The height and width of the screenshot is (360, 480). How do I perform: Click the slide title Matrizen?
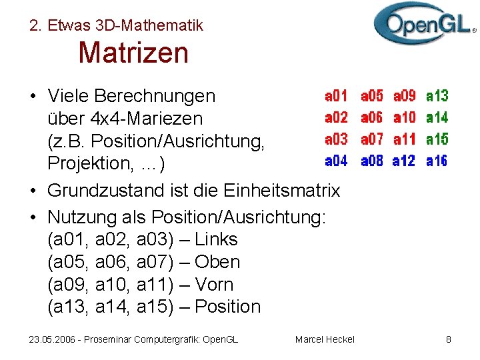[x=133, y=53]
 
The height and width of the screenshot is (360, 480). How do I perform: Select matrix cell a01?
[x=336, y=96]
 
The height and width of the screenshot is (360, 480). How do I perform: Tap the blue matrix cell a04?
[x=336, y=161]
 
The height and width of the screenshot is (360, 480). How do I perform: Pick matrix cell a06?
[x=371, y=118]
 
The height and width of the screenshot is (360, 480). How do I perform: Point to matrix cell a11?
[x=405, y=139]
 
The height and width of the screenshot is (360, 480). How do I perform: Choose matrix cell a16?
[x=437, y=161]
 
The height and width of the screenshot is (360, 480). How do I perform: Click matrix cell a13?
[x=437, y=96]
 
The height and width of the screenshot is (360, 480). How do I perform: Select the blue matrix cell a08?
[x=371, y=161]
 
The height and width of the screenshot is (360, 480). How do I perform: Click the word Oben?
[x=217, y=262]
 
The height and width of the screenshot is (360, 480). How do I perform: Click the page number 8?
[x=449, y=339]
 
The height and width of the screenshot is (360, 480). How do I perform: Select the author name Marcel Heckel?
[x=325, y=339]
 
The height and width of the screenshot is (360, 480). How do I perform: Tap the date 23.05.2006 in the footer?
[x=51, y=339]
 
